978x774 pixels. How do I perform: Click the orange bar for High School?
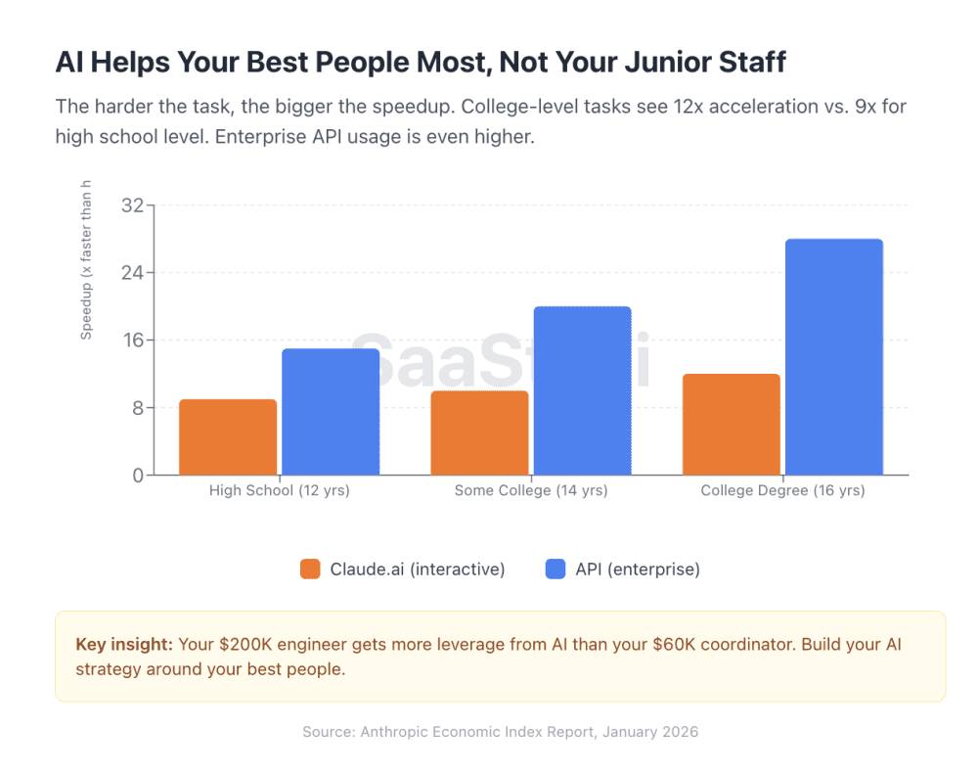coord(228,437)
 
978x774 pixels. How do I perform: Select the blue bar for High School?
coord(331,412)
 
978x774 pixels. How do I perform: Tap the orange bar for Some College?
coord(479,433)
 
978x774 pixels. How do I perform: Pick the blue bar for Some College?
coord(582,391)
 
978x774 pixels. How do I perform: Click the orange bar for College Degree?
coord(732,425)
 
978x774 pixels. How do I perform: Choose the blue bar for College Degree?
coord(834,357)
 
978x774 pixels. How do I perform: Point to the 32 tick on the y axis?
coord(132,205)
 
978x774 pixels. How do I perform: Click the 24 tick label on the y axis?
coord(132,273)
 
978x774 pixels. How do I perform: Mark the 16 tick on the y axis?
coord(132,341)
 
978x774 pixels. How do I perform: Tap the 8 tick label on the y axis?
coord(138,408)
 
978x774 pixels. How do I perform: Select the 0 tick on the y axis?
coord(138,476)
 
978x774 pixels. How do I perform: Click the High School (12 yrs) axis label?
coord(280,491)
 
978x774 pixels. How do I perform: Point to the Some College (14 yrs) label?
coord(531,491)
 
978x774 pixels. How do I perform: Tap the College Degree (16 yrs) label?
coord(782,491)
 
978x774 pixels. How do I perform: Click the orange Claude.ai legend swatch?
coord(310,569)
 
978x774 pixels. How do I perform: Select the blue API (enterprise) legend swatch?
coord(556,569)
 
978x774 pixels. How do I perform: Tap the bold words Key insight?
coord(124,645)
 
